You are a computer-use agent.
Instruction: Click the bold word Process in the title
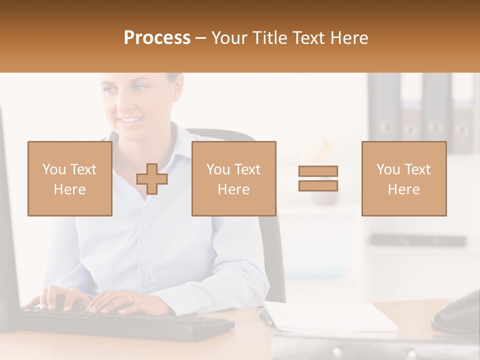coord(157,37)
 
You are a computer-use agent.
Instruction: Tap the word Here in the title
coord(348,37)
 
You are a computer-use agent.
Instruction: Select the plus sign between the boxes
coord(152,179)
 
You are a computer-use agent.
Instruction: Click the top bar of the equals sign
coord(318,171)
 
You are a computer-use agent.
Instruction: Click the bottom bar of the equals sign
coord(318,185)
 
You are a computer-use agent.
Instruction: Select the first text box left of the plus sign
coord(69,179)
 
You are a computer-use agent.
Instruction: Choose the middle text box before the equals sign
coord(233,179)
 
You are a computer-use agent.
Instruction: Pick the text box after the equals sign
coord(403,179)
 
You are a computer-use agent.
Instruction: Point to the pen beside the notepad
coord(265,317)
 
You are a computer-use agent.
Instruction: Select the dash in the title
coord(200,37)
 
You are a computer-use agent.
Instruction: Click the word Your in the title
coord(229,37)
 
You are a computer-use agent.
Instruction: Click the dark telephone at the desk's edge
coord(457,312)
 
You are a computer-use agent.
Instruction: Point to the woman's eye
coord(140,88)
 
